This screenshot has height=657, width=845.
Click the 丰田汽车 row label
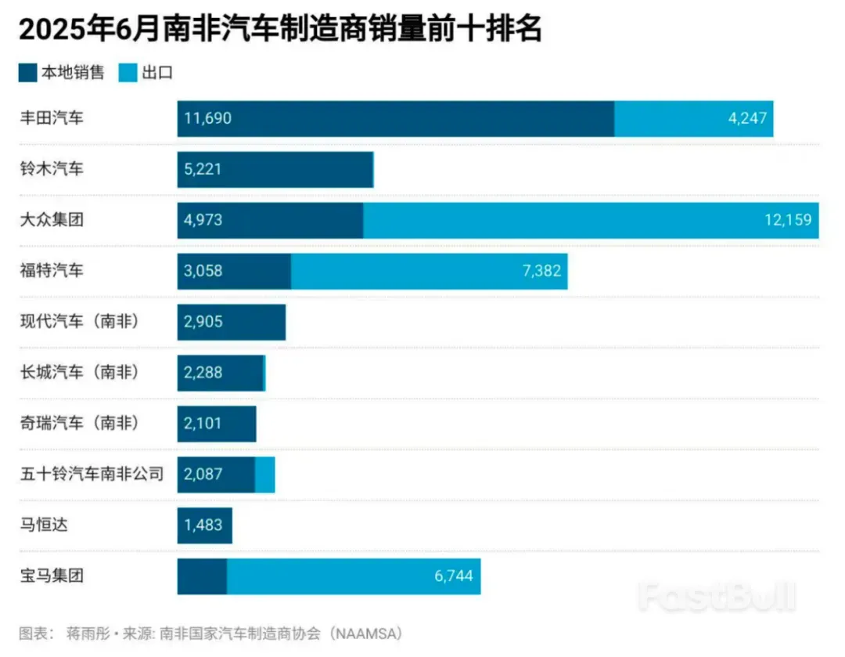52,118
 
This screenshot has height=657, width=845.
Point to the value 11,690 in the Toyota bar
208,119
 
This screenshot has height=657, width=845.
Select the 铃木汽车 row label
52,169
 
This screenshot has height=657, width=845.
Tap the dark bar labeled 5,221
274,170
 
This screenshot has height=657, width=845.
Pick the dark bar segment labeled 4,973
270,220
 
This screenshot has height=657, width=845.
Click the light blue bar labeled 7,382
429,271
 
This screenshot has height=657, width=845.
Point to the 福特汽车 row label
52,271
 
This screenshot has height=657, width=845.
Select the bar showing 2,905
231,322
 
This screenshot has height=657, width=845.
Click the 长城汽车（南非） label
81,373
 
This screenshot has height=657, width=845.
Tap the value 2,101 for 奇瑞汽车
203,424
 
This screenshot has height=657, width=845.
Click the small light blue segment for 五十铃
265,475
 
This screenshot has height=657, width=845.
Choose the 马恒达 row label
44,525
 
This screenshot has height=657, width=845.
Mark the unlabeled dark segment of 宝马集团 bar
202,576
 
